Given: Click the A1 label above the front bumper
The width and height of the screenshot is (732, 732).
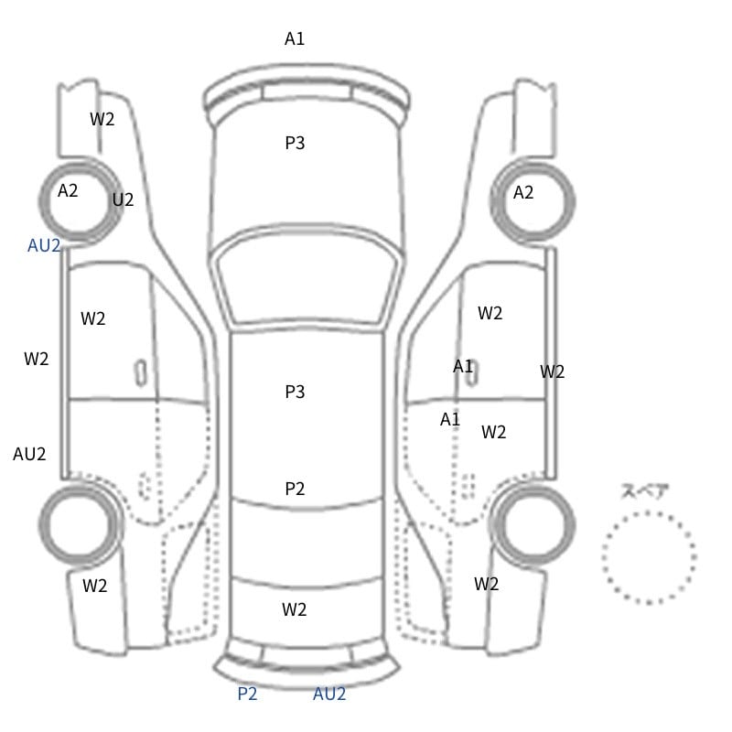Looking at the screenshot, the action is (295, 38).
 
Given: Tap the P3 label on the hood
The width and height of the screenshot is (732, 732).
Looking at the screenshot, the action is (295, 143).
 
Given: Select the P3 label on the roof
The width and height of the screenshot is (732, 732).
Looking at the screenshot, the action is (295, 392).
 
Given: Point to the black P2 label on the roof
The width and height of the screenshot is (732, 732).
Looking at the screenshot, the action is (295, 489).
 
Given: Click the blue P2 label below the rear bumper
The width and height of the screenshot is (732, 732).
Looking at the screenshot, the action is (247, 694).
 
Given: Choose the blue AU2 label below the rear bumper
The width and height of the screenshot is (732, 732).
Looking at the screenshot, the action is (329, 694).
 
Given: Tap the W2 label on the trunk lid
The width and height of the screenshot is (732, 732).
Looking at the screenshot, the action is (294, 609).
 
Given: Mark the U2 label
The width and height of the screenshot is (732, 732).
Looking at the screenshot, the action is (123, 199).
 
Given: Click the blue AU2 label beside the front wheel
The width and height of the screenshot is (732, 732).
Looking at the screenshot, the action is (44, 245).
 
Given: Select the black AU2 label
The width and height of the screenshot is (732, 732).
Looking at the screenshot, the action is (29, 454).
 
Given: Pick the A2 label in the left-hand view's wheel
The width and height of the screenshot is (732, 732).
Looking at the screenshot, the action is (68, 190).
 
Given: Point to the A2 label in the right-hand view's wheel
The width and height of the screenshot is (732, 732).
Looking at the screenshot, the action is (522, 192).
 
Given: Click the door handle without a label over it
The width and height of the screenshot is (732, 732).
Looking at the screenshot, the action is (141, 373).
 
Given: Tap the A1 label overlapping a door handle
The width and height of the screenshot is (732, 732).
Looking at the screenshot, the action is (463, 367).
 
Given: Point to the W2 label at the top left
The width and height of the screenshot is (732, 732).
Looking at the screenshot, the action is (102, 119).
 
